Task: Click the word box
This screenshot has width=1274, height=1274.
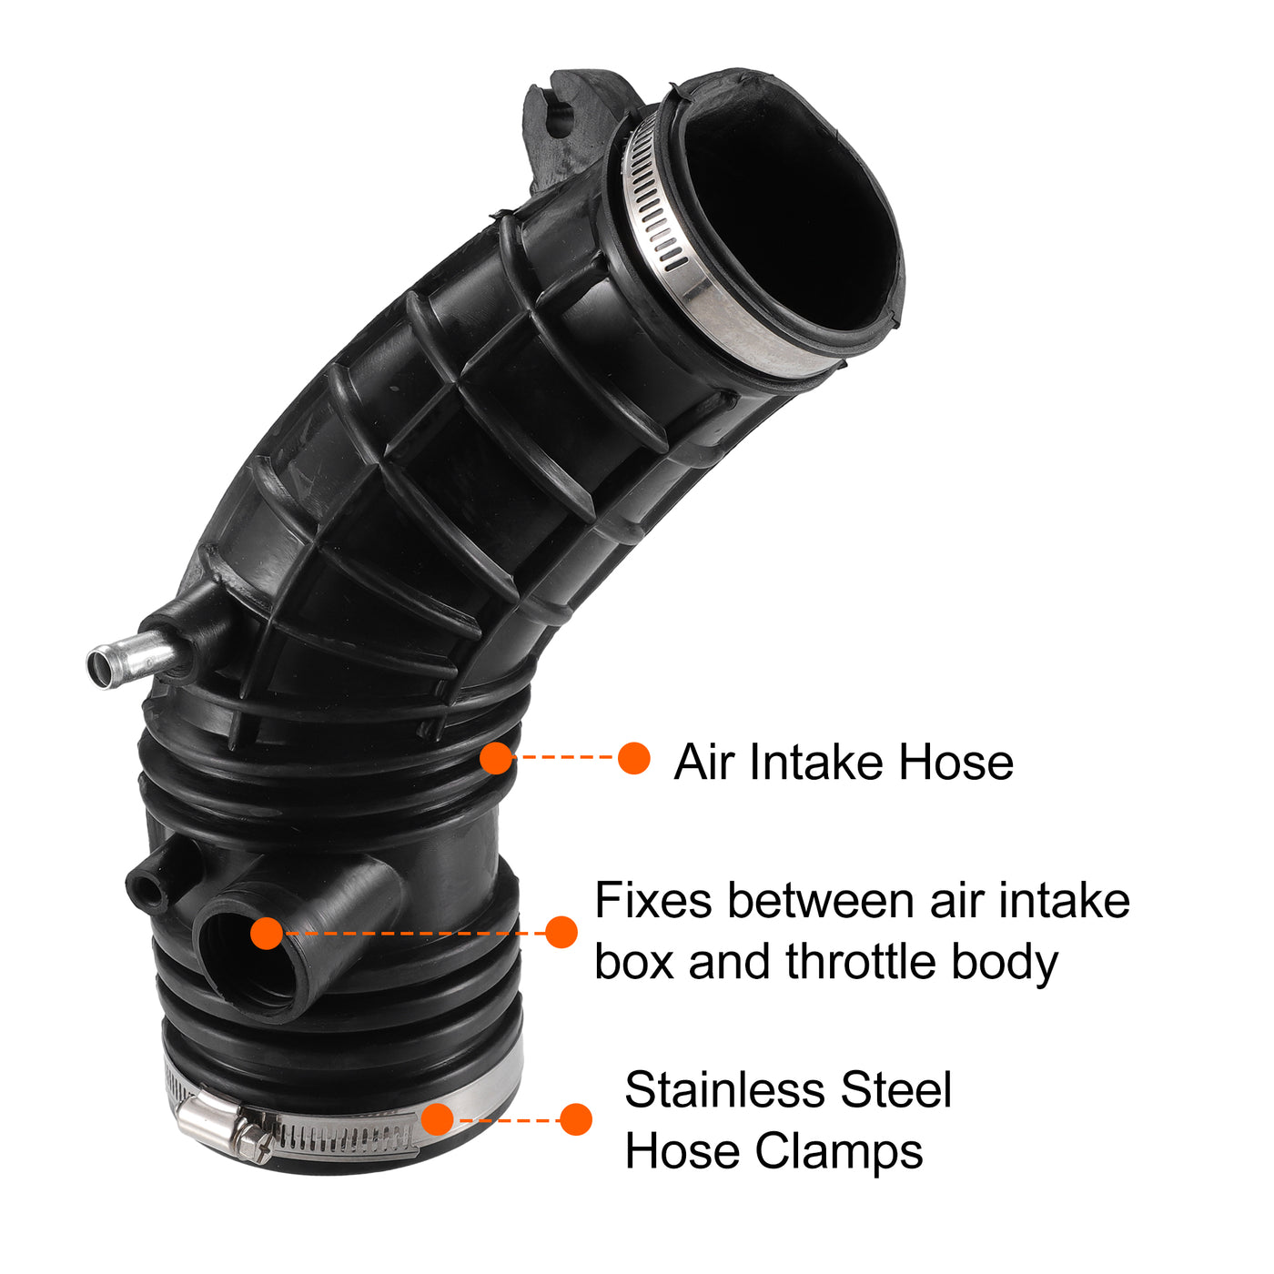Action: click(634, 961)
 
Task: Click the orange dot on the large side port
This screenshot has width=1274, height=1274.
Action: click(267, 933)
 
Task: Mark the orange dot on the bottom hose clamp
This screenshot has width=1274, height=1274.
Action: click(437, 1119)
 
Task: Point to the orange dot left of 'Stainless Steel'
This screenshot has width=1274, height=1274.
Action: click(576, 1119)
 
